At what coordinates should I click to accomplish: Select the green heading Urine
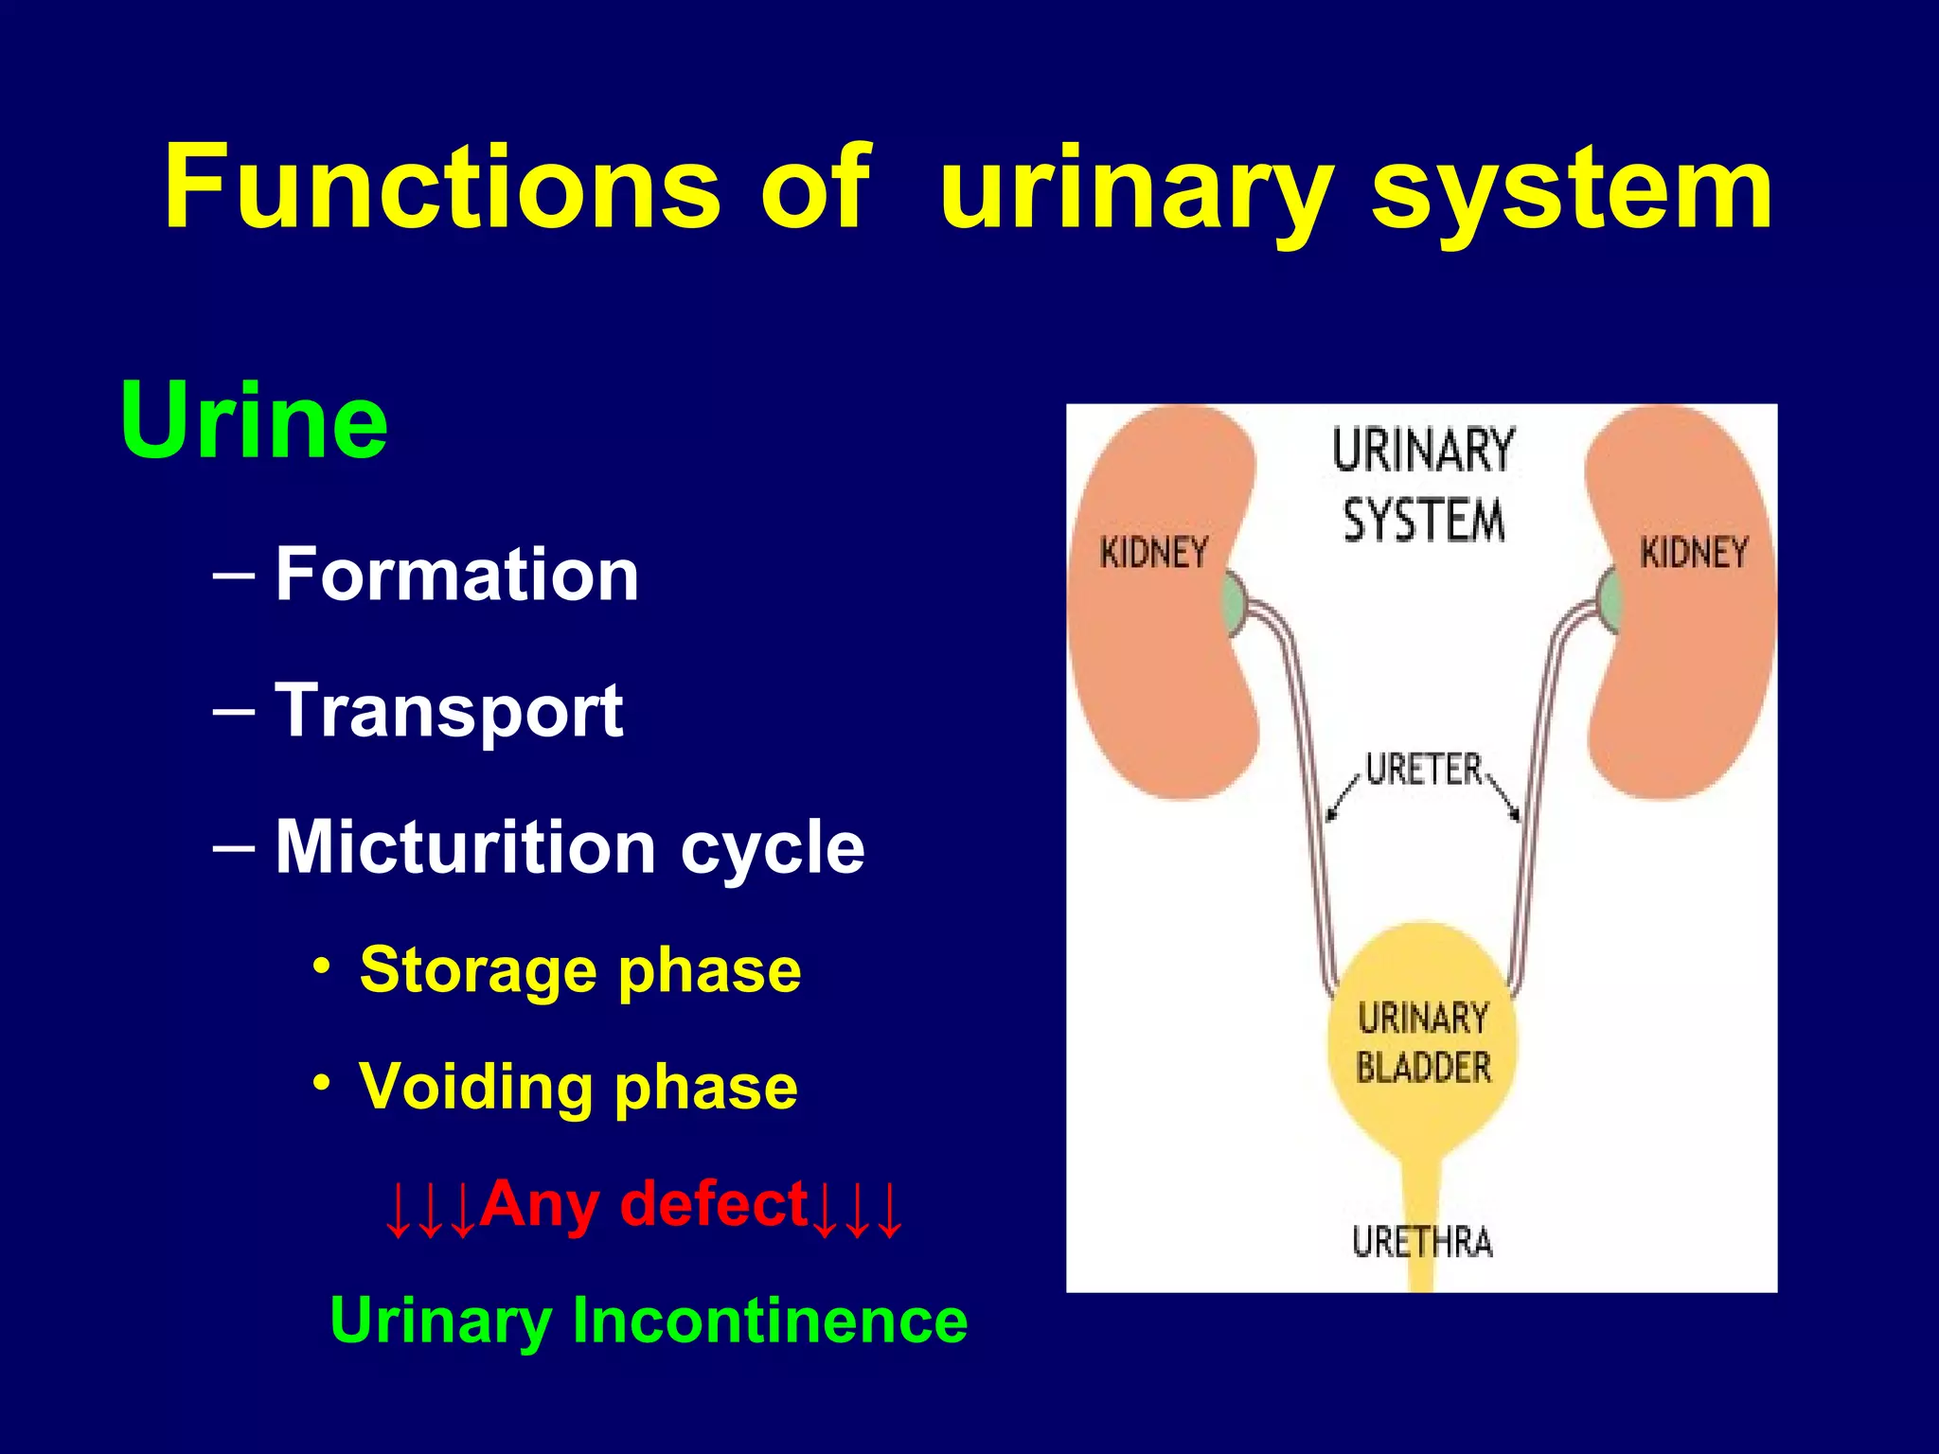254,421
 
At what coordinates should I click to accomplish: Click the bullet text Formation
457,575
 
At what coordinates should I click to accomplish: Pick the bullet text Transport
449,711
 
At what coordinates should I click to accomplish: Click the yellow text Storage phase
579,970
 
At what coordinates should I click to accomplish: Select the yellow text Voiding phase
578,1087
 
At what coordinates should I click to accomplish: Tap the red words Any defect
644,1204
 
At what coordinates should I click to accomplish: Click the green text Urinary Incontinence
649,1320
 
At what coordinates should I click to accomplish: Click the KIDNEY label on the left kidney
1154,553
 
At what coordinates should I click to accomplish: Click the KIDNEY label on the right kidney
1694,553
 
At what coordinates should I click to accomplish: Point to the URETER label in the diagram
1424,770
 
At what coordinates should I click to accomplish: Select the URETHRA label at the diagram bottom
1422,1242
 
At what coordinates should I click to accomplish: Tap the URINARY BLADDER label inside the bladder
1423,1042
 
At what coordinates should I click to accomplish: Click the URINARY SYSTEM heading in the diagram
1423,485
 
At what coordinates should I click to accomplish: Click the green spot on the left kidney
1232,603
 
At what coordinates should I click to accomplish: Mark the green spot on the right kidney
1609,602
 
